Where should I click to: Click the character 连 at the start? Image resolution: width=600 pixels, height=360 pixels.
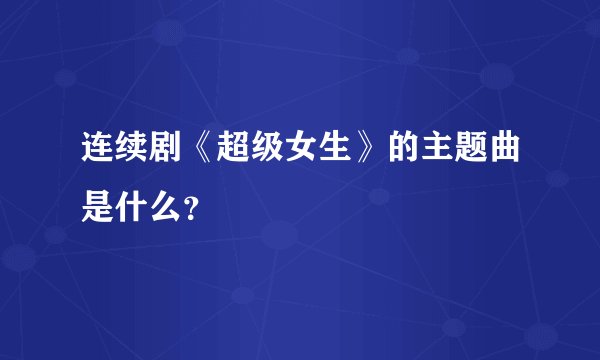pos(98,153)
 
